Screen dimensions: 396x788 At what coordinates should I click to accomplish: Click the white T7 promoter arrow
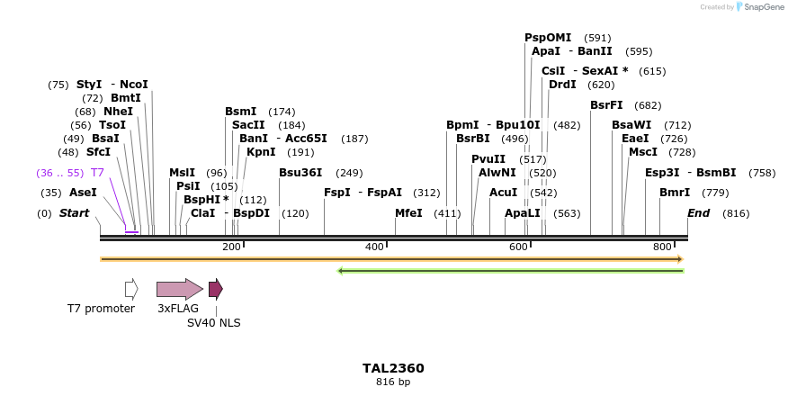pos(131,289)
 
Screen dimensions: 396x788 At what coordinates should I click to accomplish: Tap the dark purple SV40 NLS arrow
pos(215,289)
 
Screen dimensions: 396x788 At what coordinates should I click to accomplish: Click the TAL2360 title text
pos(393,368)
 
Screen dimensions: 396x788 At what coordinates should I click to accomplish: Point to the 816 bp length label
pos(393,382)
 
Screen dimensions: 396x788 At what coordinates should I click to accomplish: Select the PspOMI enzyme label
pos(548,38)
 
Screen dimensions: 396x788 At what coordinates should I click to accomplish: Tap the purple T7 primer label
pos(97,172)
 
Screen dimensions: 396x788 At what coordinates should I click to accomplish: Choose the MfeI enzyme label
pos(408,213)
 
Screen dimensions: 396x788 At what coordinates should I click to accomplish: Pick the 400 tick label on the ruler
pos(374,247)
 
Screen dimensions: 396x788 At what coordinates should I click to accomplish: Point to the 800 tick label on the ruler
pos(663,247)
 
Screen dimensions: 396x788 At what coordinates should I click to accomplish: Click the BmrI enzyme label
pos(675,193)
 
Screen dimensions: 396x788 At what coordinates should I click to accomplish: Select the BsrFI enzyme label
pos(606,105)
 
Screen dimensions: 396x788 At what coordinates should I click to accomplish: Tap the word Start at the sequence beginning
pos(75,213)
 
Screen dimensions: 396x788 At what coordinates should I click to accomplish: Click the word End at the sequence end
pos(698,213)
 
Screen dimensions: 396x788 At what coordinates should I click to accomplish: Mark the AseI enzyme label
pos(83,193)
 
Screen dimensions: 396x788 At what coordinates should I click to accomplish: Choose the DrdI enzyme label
pos(562,85)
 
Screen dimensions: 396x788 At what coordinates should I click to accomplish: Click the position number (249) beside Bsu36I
pos(349,173)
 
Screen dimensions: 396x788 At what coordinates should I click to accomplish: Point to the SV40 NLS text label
pos(213,322)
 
